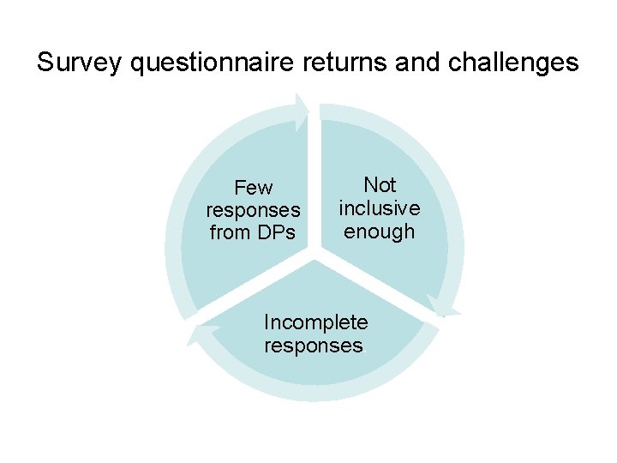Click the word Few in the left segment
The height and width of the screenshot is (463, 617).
(x=253, y=188)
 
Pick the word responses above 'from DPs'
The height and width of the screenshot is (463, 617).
(x=253, y=210)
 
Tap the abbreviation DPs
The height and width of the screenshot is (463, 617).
(x=274, y=232)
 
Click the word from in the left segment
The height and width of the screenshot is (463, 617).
(x=230, y=232)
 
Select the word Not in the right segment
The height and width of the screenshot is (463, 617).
(x=380, y=185)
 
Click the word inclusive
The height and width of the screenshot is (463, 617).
(x=380, y=208)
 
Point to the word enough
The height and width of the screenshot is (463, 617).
(x=380, y=231)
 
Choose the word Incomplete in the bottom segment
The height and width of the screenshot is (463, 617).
(x=315, y=323)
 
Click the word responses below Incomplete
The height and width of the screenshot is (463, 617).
(x=314, y=346)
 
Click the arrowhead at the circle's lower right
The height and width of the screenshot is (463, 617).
(x=444, y=308)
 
